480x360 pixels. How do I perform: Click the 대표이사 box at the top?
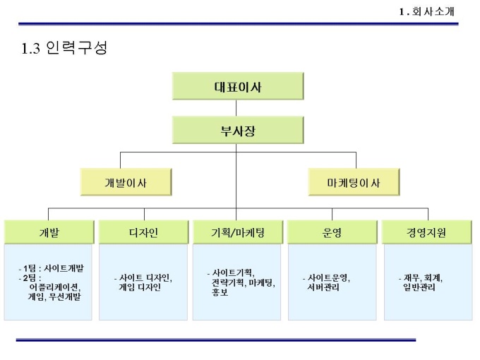point(238,88)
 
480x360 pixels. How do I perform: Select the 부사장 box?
point(238,131)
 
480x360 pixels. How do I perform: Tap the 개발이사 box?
point(126,183)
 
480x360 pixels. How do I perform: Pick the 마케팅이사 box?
point(353,183)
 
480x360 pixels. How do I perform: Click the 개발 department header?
point(49,232)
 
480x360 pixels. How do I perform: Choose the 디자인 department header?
point(143,232)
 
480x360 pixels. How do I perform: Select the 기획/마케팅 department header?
point(238,232)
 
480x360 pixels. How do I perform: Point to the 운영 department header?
point(332,232)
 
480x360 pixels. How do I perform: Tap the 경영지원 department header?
point(426,232)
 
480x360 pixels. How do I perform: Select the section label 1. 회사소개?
point(426,11)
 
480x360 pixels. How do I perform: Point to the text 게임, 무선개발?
point(55,297)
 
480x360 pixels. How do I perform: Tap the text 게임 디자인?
point(140,287)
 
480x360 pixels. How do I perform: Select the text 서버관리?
point(325,287)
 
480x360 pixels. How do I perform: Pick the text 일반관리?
point(419,287)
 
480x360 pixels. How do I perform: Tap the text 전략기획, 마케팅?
point(244,282)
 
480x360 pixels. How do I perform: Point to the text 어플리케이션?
point(55,287)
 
